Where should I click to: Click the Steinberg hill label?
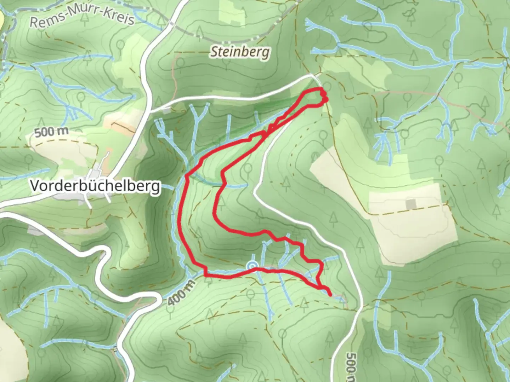pos(240,52)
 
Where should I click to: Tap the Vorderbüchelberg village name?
pos(95,186)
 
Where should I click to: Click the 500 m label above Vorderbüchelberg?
pos(52,132)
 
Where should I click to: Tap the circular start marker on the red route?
pos(252,266)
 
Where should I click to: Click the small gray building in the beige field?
pos(411,204)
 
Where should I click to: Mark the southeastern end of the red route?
pos(330,294)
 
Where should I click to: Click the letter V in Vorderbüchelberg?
pos(35,186)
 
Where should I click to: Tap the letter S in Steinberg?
pos(214,52)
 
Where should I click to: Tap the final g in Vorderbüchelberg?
pos(156,187)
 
